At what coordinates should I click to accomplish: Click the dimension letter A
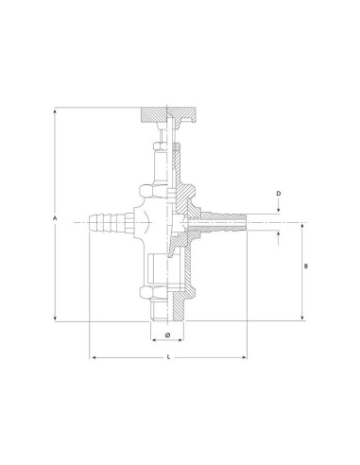(x=56, y=219)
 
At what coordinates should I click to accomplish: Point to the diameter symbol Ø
(x=167, y=335)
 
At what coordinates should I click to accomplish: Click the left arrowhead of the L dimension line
(x=92, y=357)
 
